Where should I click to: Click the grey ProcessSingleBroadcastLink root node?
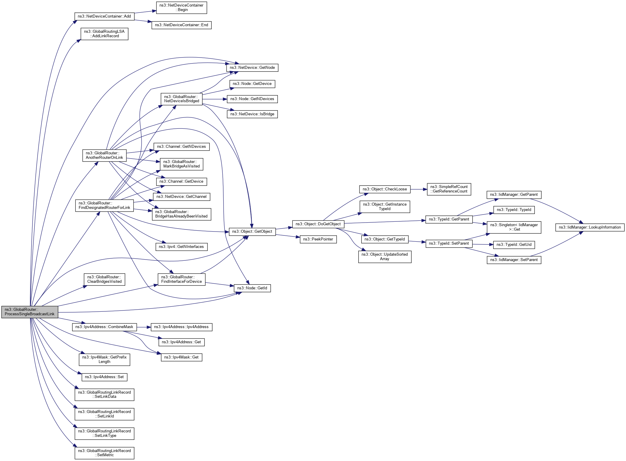click(x=30, y=312)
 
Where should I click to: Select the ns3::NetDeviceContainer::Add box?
click(x=104, y=16)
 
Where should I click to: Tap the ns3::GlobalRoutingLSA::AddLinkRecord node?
click(x=104, y=34)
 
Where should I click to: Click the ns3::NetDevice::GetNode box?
click(x=252, y=68)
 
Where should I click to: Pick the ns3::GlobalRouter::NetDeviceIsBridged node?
click(x=181, y=99)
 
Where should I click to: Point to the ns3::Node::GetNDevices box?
click(x=252, y=99)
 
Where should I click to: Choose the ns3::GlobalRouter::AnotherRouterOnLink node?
click(x=104, y=155)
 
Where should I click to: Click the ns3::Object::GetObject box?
click(x=252, y=232)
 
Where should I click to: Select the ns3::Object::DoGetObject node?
click(x=318, y=224)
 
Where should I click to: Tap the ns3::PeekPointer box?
click(x=318, y=239)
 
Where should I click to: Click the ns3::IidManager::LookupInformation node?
click(x=590, y=227)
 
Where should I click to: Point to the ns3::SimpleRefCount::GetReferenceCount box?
click(x=449, y=189)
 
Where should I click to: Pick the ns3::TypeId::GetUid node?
click(x=514, y=245)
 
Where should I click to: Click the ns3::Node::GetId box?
click(x=252, y=288)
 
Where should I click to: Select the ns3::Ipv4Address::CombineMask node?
click(x=104, y=327)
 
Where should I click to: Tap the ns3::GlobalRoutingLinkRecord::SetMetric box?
click(x=104, y=453)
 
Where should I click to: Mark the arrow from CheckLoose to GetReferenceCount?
click(x=419, y=189)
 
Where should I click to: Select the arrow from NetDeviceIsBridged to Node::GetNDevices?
click(x=215, y=99)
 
